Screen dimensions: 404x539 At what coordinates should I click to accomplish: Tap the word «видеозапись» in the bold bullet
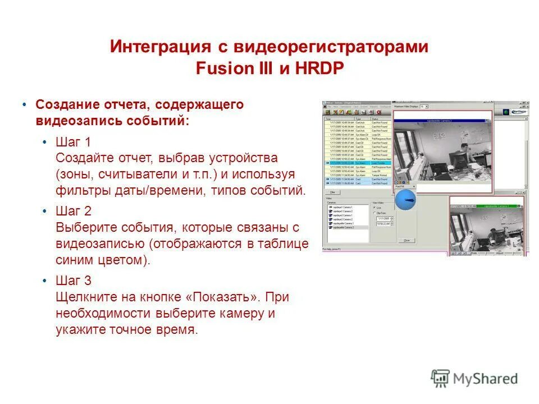pos(75,121)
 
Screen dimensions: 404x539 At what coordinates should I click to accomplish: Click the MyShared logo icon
pos(440,378)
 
